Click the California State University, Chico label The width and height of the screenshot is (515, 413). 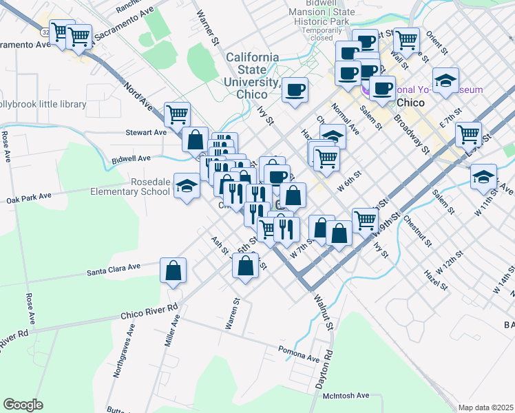pos(253,75)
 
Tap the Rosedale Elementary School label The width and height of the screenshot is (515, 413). pos(131,187)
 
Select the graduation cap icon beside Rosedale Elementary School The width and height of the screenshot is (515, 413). pos(187,186)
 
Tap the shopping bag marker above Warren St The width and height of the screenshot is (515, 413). pos(245,266)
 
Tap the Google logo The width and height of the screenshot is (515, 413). pos(23,404)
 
